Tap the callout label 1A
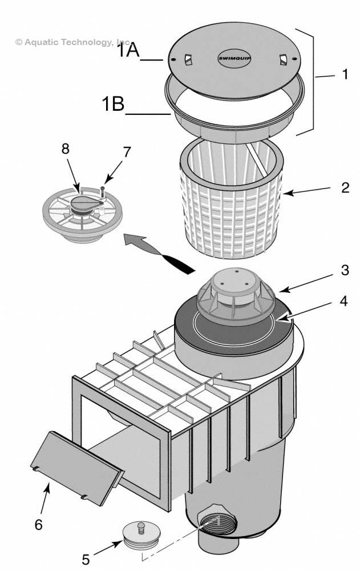pyautogui.click(x=130, y=51)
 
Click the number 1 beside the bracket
pyautogui.click(x=344, y=74)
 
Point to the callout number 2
pyautogui.click(x=345, y=188)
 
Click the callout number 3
pyautogui.click(x=345, y=270)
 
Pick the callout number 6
pyautogui.click(x=38, y=524)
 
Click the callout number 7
pyautogui.click(x=127, y=152)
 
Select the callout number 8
pyautogui.click(x=66, y=149)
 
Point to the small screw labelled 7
pyautogui.click(x=102, y=190)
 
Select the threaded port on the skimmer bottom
pyautogui.click(x=212, y=526)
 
